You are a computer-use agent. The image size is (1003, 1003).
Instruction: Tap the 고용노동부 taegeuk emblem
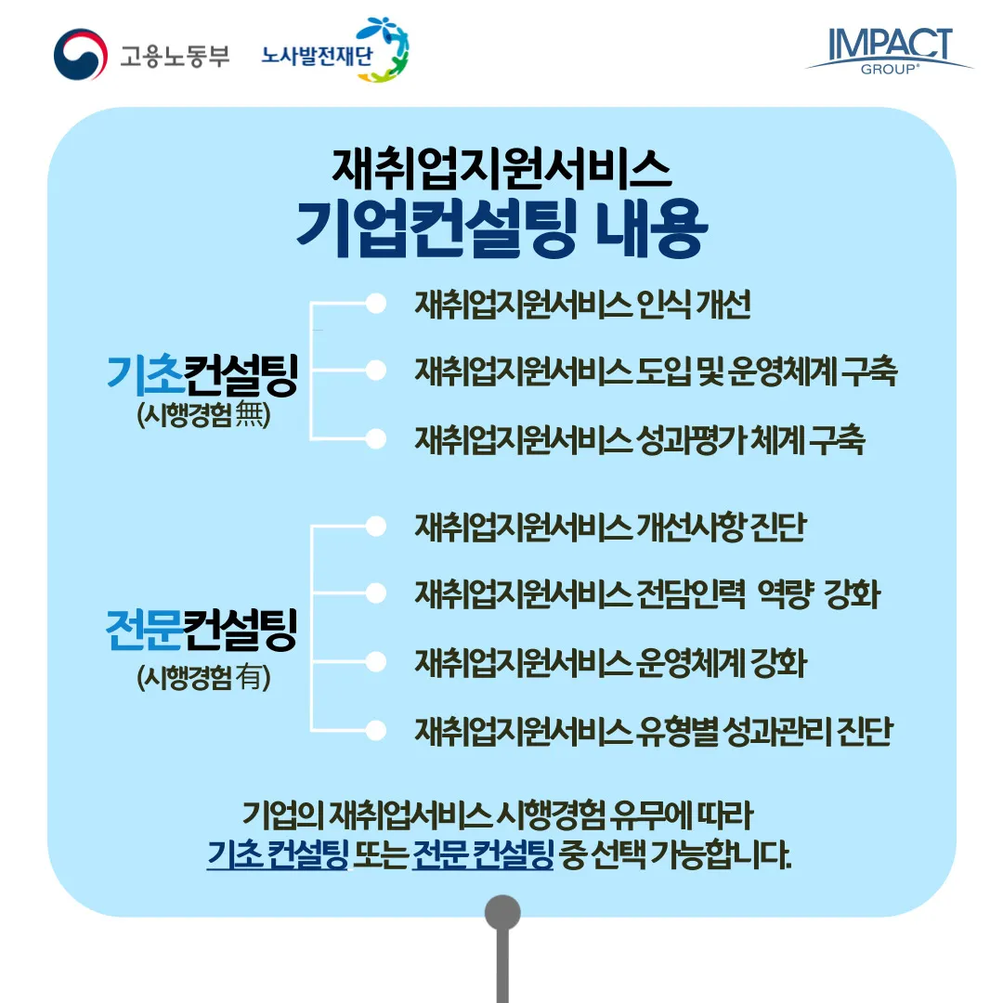(81, 54)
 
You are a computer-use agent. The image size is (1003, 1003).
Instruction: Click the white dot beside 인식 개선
(375, 304)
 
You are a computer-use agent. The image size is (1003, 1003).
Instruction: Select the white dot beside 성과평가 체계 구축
(375, 438)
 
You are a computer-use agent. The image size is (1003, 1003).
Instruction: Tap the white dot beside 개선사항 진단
(375, 527)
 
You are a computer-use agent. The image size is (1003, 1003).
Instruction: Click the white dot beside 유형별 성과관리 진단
(375, 730)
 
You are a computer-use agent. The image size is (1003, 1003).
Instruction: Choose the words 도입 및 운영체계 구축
(767, 371)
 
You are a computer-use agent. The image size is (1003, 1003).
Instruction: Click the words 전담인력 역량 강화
(758, 594)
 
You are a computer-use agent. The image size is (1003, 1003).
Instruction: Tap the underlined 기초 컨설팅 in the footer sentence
(277, 853)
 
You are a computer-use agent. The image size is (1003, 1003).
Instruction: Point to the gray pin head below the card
(502, 913)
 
